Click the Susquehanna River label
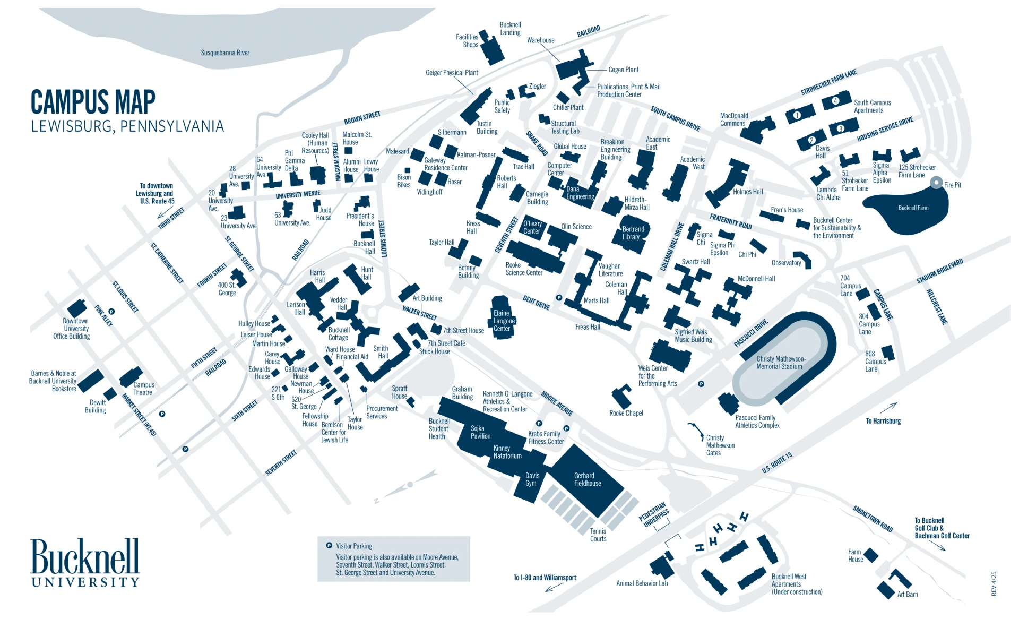tap(225, 53)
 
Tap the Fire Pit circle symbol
tap(937, 183)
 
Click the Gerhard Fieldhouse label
tap(587, 479)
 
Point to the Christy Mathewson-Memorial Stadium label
tap(781, 363)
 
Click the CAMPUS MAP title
tap(93, 102)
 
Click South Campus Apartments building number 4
tap(835, 101)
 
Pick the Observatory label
tap(786, 263)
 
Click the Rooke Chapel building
tap(620, 397)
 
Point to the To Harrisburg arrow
tap(888, 408)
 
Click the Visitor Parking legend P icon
tap(329, 545)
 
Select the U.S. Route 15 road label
tap(776, 462)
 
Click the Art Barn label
tap(907, 594)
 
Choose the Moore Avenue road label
tap(557, 403)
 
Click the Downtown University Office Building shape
tap(77, 308)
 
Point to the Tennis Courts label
tap(598, 535)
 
